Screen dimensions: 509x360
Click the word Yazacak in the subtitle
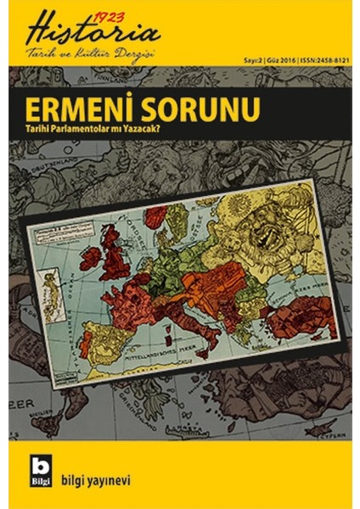click(x=182, y=128)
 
